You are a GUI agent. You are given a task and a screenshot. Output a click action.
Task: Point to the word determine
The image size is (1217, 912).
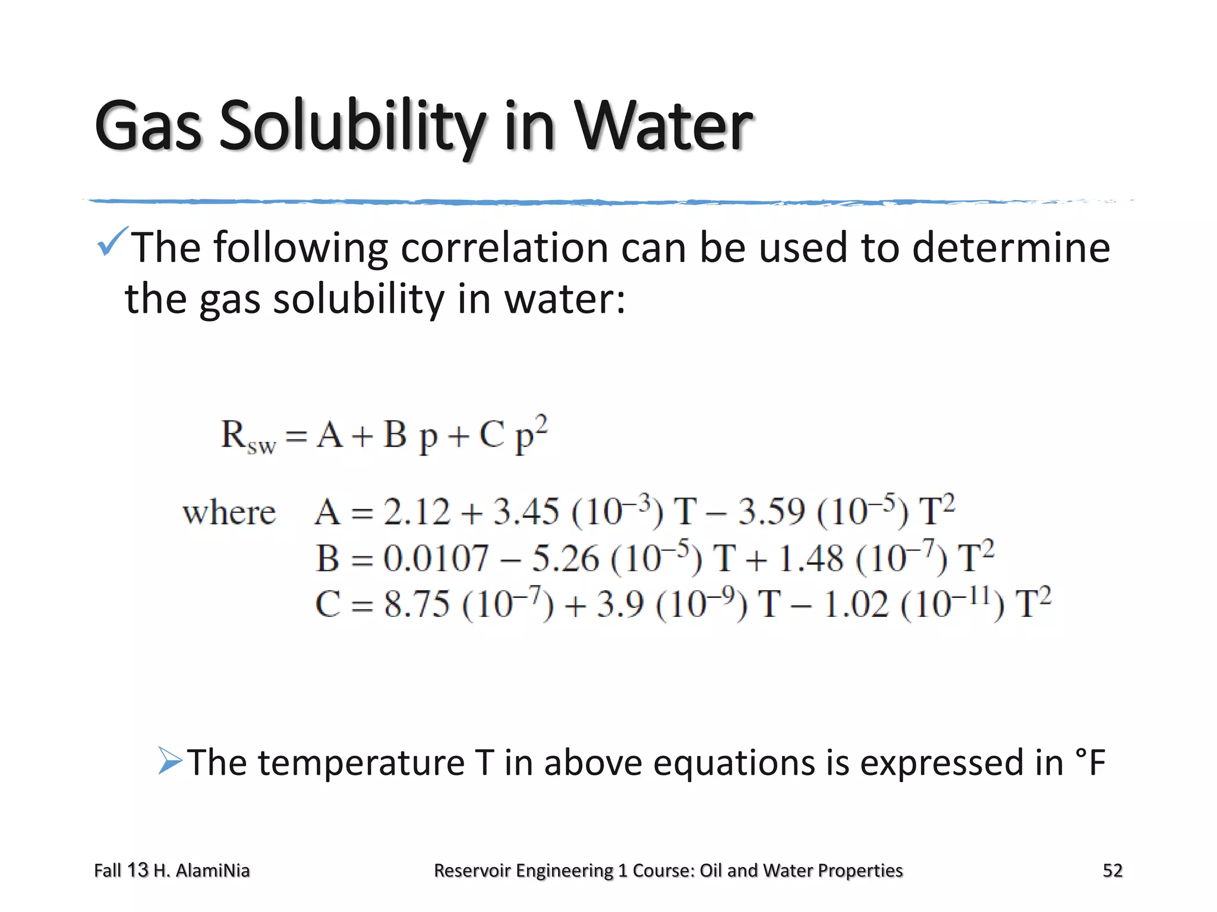[1011, 248]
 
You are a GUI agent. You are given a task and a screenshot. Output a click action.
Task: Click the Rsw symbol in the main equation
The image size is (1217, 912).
[247, 437]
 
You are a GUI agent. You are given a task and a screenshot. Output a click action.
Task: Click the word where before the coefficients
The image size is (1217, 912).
[229, 512]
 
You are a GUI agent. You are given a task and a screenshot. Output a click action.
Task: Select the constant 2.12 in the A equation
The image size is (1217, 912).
[417, 512]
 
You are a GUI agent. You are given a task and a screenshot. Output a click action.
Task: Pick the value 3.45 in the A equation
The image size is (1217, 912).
[526, 512]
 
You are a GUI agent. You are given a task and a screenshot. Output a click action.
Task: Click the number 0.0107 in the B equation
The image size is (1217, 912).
[436, 559]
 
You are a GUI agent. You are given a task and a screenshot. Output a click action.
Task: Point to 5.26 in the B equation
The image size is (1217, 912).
[565, 559]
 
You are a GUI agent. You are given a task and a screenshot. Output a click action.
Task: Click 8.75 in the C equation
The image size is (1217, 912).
[417, 605]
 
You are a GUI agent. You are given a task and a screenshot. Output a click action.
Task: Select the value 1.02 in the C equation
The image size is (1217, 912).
[856, 605]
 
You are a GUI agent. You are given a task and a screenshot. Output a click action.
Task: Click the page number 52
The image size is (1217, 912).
[1112, 870]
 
